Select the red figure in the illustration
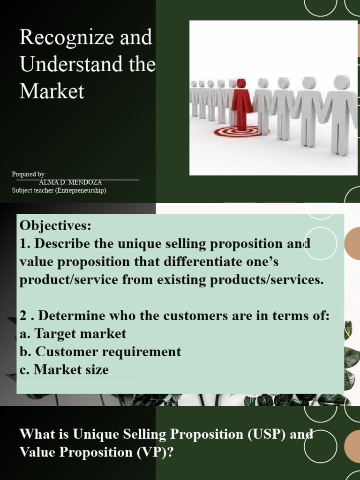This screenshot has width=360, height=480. (241, 106)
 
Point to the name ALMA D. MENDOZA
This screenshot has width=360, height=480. (70, 182)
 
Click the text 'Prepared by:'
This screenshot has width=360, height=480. (29, 174)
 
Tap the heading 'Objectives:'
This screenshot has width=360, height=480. (55, 225)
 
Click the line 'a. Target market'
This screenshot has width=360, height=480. (73, 334)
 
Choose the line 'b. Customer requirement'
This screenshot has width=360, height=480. (100, 352)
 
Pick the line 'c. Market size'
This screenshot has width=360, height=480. (64, 369)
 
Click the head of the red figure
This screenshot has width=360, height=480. (241, 83)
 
